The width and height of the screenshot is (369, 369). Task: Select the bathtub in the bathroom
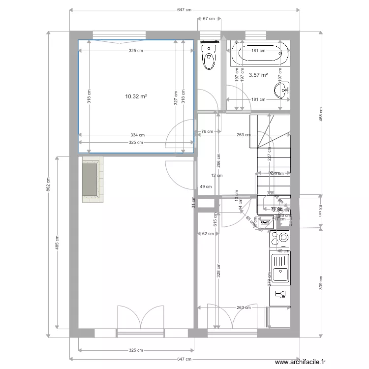[259, 54]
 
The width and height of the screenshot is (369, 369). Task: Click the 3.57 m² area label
[258, 75]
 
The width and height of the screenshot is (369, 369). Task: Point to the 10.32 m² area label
[136, 97]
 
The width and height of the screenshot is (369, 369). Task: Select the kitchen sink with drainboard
[281, 270]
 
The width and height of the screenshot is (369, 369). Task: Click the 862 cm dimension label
[48, 184]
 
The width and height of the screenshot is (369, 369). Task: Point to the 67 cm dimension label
[209, 19]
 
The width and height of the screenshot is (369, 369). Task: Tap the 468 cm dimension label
[321, 116]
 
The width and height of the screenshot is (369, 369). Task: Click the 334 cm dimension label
[138, 135]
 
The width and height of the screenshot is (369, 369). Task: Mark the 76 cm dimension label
[207, 131]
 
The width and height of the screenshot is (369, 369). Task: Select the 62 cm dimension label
[208, 234]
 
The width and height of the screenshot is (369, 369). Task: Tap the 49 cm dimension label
[206, 186]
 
